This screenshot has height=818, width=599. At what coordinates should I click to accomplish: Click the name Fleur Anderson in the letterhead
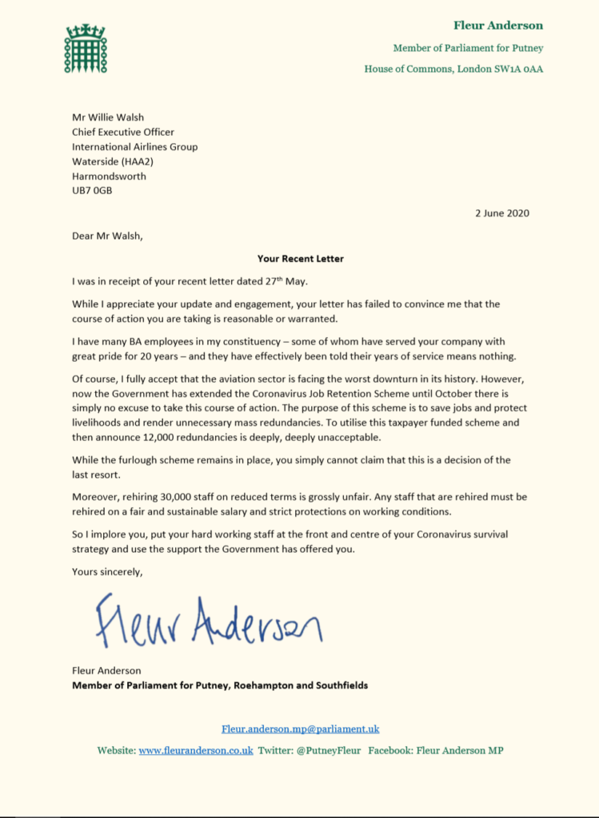point(498,26)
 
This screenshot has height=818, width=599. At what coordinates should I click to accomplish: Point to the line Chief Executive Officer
point(123,132)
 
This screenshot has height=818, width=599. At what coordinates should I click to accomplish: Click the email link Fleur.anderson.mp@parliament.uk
point(300,729)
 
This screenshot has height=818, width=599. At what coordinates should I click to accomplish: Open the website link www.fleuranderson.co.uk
point(196,750)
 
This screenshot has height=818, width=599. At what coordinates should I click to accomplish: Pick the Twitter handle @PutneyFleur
point(329,750)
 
